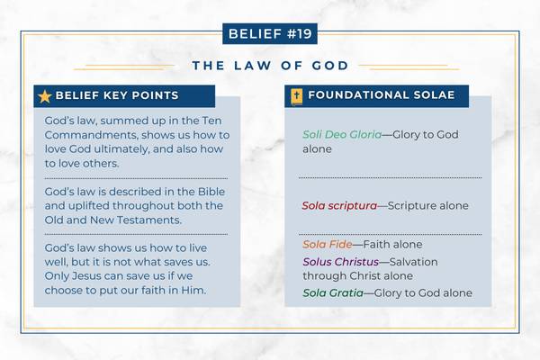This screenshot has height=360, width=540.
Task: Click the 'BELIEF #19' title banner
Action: pos(270,35)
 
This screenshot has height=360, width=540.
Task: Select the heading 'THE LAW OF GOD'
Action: pos(270,66)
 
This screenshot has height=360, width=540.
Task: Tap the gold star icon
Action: pos(44,96)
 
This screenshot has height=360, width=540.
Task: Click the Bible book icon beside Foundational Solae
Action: pos(295,96)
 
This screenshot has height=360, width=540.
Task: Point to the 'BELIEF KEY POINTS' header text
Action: pos(117,95)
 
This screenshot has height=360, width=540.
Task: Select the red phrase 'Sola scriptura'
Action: pos(338,205)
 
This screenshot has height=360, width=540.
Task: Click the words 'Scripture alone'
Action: pos(428,205)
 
